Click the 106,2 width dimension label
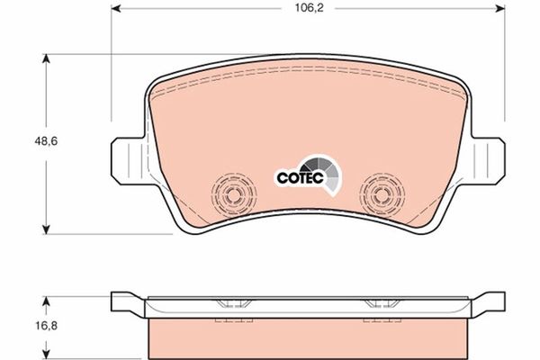tap(309, 8)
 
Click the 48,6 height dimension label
tap(46, 141)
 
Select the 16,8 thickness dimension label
tap(46, 325)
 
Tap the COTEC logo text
tap(301, 178)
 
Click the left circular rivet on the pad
tap(234, 195)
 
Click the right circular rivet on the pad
tap(382, 195)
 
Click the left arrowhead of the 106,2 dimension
tap(116, 9)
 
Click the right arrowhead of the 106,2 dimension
tap(500, 9)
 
